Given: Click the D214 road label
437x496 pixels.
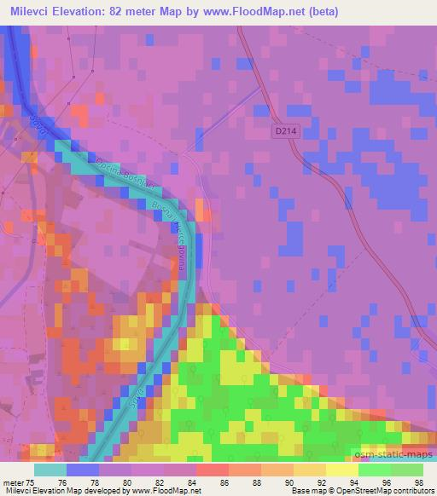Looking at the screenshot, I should [x=287, y=130].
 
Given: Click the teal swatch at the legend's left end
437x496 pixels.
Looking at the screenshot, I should [x=50, y=469].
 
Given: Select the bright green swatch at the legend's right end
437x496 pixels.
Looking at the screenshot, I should [x=407, y=469].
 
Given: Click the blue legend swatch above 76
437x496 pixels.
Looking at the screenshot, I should [x=83, y=469].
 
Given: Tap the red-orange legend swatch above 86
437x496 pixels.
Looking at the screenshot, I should [x=213, y=469].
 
